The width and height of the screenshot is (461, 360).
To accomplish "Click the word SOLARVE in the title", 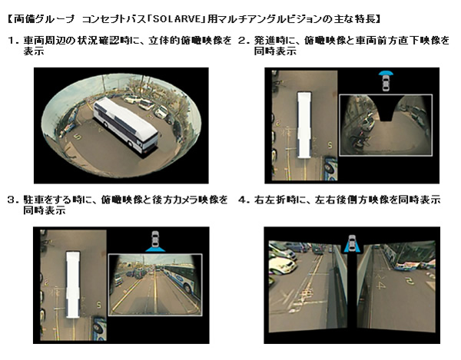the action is [x=177, y=19].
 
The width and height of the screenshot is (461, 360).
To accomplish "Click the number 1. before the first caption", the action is [x=14, y=41].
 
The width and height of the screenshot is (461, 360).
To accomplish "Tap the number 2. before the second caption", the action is [x=244, y=40].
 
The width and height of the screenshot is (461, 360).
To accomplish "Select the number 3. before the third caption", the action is [x=14, y=200].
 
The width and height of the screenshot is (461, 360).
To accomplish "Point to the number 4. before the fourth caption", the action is [x=244, y=200].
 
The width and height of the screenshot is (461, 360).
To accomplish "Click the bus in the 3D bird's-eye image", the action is [x=126, y=125].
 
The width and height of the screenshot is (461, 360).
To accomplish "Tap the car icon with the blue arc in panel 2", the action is [x=386, y=80].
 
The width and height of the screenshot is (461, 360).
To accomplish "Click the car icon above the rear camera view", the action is [x=155, y=241].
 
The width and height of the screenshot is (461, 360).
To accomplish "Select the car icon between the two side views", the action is [x=352, y=243].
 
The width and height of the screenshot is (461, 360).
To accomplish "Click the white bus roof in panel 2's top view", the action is [x=304, y=125].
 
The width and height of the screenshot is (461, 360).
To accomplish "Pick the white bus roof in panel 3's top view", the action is [x=73, y=284].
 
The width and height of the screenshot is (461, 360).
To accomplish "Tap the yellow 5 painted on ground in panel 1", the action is [x=77, y=137].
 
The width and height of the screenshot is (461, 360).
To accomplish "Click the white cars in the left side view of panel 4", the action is [x=282, y=259].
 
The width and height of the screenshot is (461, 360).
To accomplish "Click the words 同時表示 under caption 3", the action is [x=45, y=210].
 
